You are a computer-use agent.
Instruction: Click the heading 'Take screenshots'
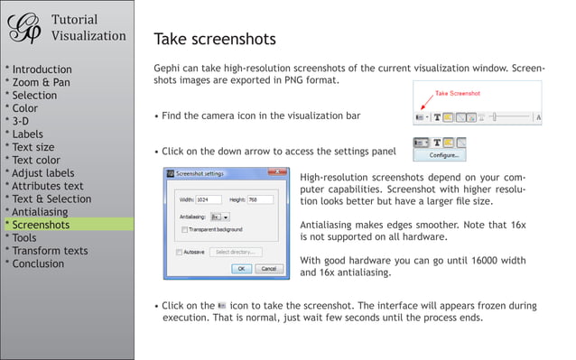[214, 40]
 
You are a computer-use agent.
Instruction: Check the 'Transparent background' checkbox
[184, 228]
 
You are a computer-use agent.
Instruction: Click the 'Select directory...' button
[237, 252]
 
